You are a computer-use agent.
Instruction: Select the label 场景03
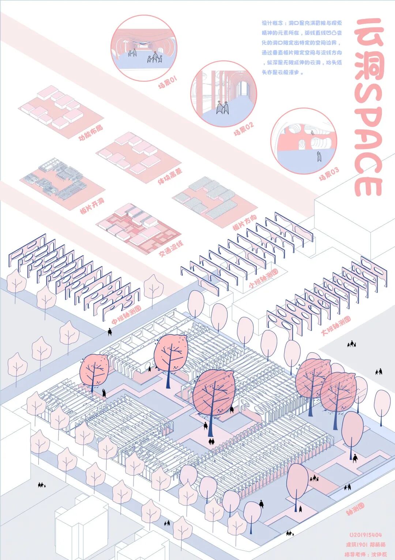tap(329, 174)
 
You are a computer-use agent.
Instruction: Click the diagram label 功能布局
tap(91, 133)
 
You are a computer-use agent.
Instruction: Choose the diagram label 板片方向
tap(245, 222)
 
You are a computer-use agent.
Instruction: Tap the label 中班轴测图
tap(126, 315)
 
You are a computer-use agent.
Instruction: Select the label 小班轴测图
tap(263, 279)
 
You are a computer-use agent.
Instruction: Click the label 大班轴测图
tap(336, 326)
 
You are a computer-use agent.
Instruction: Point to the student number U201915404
tap(365, 535)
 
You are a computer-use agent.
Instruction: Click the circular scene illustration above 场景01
tap(144, 48)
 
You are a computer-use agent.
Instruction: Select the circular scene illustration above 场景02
tap(223, 94)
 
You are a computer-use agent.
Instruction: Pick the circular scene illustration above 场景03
tap(303, 141)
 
